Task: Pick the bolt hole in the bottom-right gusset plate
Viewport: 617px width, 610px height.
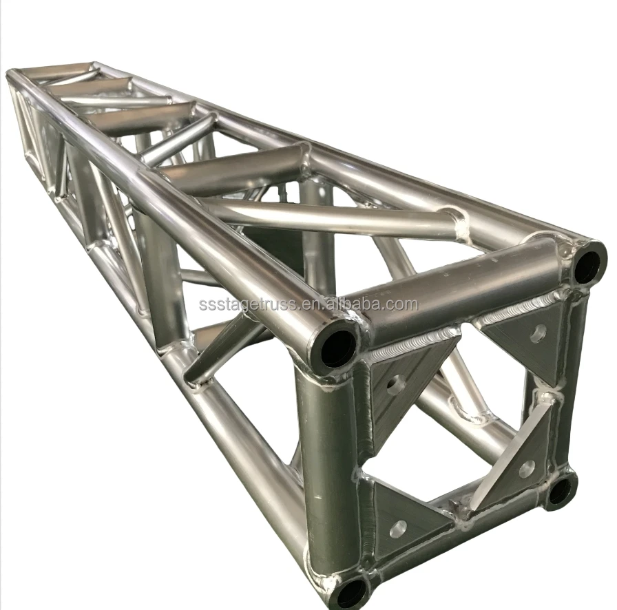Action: pos(526,469)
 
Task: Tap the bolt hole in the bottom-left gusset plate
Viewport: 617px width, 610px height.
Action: pos(398,529)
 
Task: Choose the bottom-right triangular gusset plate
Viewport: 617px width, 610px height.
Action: pos(520,461)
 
